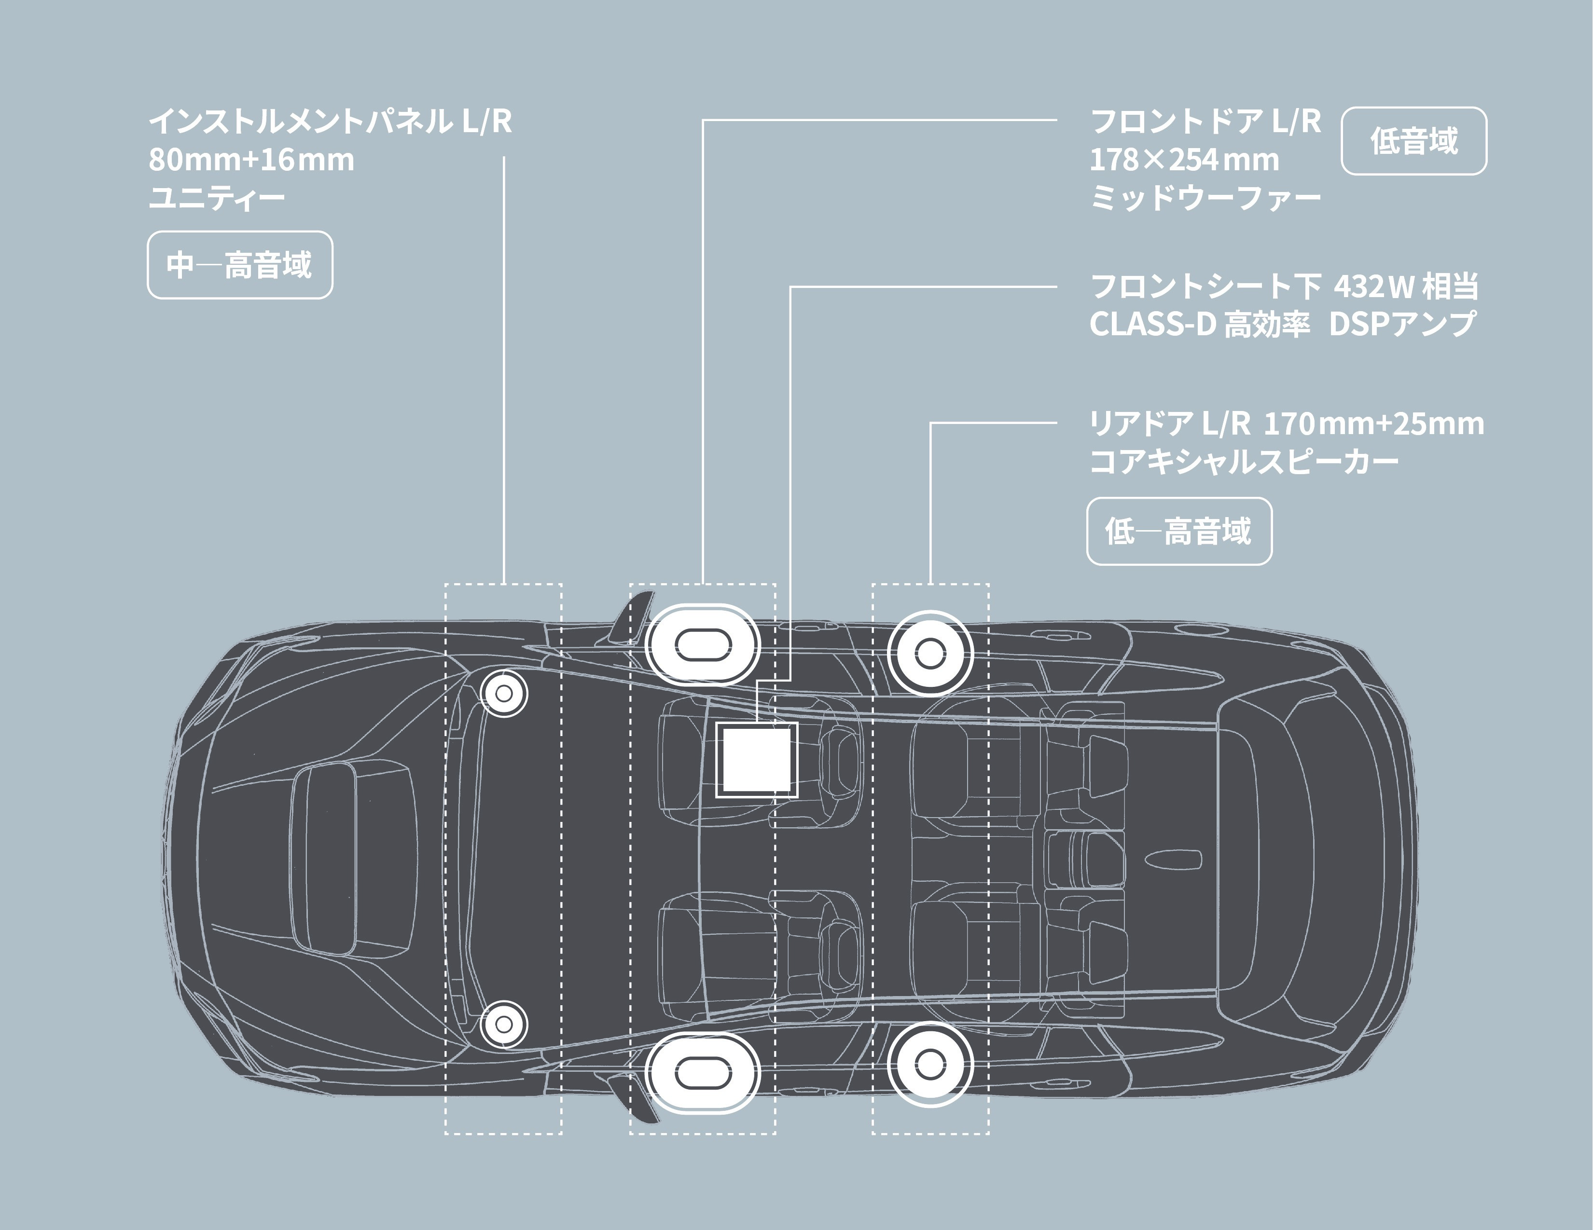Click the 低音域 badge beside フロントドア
(1413, 141)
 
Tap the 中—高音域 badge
(240, 265)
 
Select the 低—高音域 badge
(1178, 531)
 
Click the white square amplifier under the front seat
(756, 760)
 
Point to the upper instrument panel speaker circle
(504, 693)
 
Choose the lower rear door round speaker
(929, 1065)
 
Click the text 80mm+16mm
(251, 160)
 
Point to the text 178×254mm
(1184, 160)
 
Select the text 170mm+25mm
(1373, 423)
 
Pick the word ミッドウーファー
(1205, 198)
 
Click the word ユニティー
(217, 198)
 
